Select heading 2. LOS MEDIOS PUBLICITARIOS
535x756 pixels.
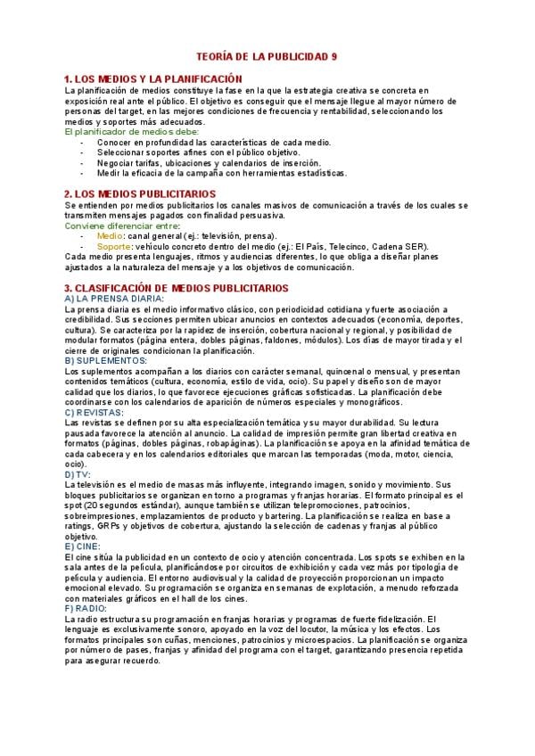click(x=140, y=193)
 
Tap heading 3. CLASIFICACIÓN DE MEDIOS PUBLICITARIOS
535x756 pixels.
click(x=177, y=288)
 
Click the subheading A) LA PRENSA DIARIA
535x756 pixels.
click(x=108, y=299)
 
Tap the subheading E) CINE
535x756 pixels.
click(x=82, y=544)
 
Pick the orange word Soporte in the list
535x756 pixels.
click(x=113, y=245)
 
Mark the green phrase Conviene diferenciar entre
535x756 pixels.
click(x=121, y=226)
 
